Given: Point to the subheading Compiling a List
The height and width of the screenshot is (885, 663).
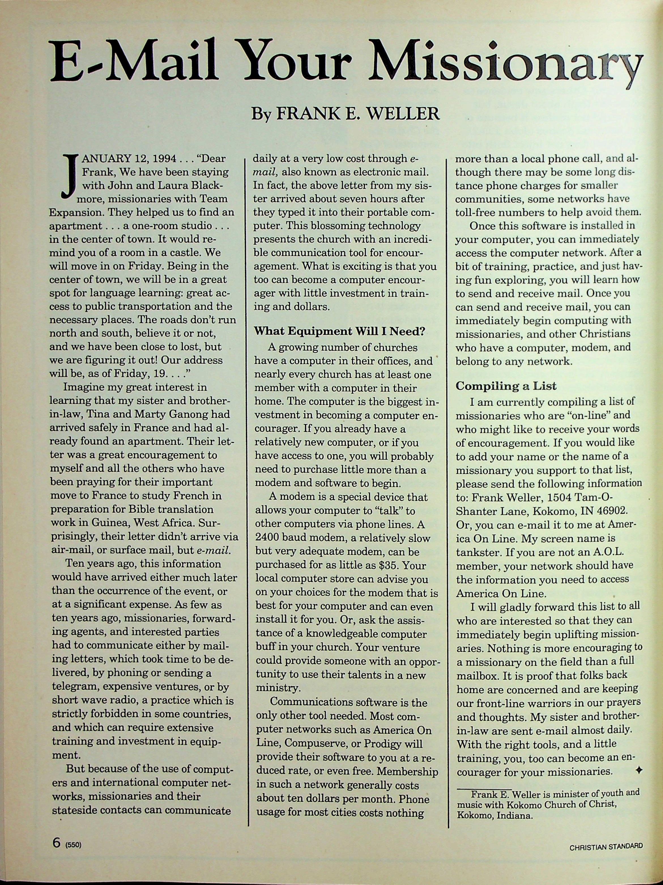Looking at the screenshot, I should coord(506,386).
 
